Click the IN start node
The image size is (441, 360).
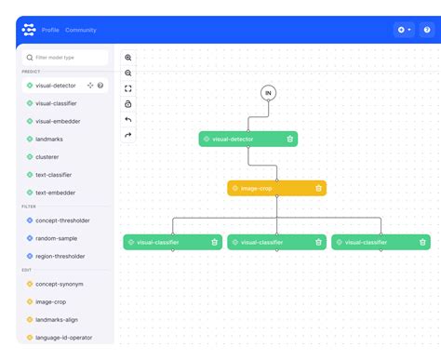point(268,92)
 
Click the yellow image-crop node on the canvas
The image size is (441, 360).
point(270,188)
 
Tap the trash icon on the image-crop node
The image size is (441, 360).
point(318,188)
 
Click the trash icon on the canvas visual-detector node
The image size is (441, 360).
point(290,139)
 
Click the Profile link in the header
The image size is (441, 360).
point(50,30)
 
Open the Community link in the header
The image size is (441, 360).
point(81,30)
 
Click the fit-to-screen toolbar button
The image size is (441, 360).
point(128,88)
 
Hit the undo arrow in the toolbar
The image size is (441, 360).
point(128,120)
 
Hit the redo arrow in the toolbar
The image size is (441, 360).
point(128,135)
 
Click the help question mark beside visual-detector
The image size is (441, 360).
point(100,86)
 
